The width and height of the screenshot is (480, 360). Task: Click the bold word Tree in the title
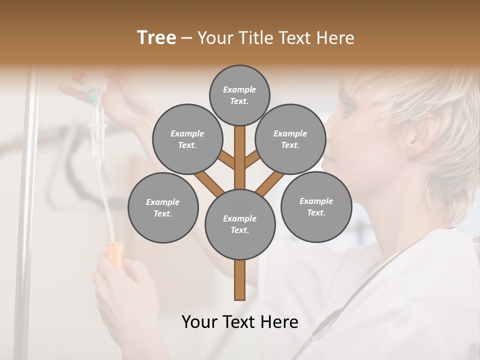click(156, 37)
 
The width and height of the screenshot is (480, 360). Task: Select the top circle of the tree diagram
click(239, 95)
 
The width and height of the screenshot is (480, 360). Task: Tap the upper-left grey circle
click(187, 139)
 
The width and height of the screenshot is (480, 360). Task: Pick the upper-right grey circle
click(290, 139)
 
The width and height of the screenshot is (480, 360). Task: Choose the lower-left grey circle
click(163, 207)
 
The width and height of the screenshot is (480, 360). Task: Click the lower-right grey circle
click(316, 206)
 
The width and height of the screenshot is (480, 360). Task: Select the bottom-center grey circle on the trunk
click(240, 224)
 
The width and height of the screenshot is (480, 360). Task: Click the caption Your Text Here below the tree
click(240, 322)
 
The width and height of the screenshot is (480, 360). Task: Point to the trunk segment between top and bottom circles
click(240, 157)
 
